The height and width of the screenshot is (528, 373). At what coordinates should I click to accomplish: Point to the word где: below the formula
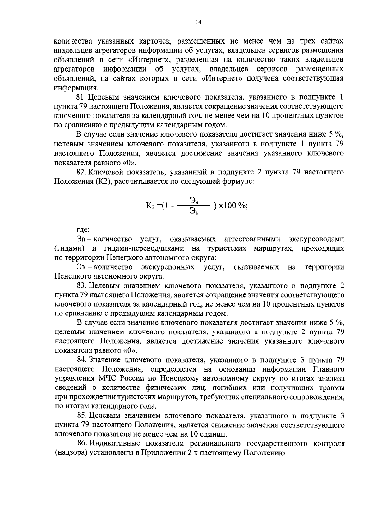coord(83,230)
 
